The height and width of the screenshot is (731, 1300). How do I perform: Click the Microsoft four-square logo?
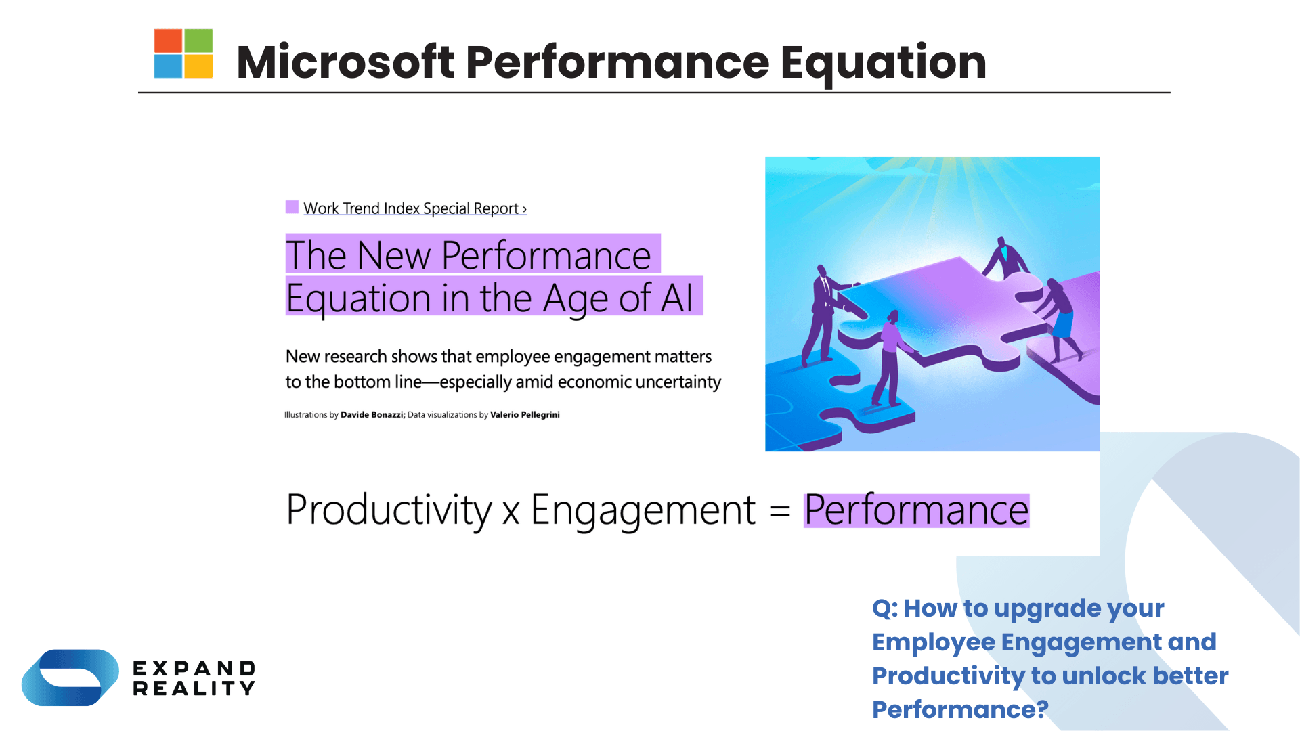pos(183,53)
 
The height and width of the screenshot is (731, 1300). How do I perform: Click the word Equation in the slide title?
pos(883,62)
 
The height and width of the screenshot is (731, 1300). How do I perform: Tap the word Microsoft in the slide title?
pos(345,62)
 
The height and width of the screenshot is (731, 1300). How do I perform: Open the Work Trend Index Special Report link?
pos(414,208)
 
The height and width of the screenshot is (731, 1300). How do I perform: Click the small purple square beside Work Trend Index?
pos(292,207)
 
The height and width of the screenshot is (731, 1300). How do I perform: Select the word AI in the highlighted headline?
pos(677,298)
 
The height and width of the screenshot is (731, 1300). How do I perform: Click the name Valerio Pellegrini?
pos(525,415)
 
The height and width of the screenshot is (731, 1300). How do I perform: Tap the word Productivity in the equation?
pos(389,510)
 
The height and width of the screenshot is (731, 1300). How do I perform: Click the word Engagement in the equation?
pos(643,510)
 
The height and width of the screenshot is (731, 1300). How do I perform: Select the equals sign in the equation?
pos(780,511)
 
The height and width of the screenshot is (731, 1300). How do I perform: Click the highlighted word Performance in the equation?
pos(916,510)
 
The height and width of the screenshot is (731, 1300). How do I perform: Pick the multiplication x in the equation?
pos(511,512)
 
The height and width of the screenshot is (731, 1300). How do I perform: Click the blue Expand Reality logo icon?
pos(70,678)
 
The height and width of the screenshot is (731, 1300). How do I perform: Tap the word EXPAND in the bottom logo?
pos(194,669)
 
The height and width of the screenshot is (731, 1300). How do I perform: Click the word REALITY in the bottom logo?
pos(194,689)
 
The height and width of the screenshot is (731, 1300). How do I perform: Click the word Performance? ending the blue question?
pos(960,710)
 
